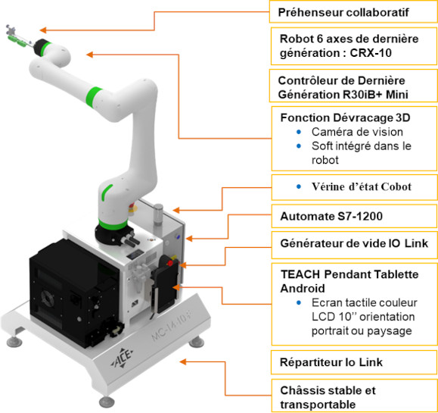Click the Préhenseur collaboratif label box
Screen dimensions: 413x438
pyautogui.click(x=353, y=11)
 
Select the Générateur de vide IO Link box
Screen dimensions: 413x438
pyautogui.click(x=353, y=243)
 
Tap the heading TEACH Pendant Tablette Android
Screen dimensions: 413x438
pyautogui.click(x=353, y=280)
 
